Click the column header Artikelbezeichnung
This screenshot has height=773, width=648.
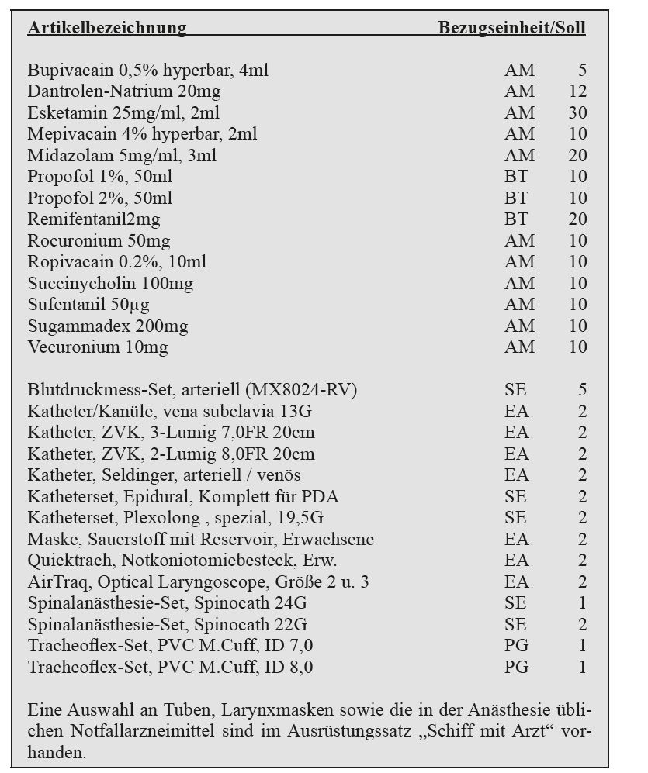(106, 29)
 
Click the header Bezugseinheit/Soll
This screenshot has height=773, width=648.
(511, 29)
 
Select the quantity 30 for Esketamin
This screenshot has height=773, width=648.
(577, 112)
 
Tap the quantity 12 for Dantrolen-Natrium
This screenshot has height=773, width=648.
(577, 91)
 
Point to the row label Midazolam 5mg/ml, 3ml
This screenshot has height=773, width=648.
(122, 155)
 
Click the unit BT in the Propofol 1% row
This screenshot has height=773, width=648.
(515, 177)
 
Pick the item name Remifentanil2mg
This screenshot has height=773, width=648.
(94, 219)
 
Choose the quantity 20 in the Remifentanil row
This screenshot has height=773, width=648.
(577, 219)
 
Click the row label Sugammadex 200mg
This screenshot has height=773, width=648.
(108, 326)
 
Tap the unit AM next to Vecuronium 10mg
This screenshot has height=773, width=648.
(519, 347)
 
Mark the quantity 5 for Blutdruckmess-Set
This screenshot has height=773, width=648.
(582, 390)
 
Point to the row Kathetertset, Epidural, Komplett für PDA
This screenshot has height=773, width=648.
(183, 496)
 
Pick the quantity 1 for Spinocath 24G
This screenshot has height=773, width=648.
(582, 602)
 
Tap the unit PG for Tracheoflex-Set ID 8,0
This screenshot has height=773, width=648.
(516, 667)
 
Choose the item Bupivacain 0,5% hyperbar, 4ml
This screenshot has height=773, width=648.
(148, 71)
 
